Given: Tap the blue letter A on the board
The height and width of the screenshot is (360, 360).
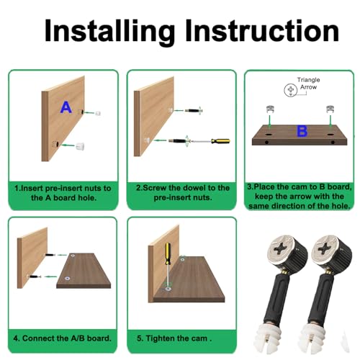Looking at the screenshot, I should click(66, 108).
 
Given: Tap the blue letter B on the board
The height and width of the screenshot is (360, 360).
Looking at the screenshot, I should click(302, 132).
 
